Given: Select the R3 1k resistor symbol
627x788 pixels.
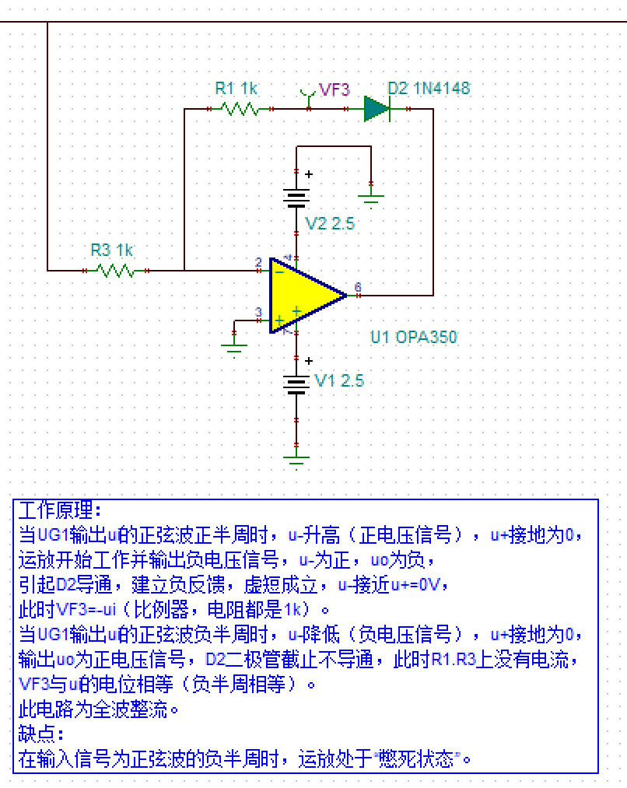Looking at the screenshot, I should click(x=116, y=271).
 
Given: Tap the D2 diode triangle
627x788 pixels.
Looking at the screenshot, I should click(x=377, y=109).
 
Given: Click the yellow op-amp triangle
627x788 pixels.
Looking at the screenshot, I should click(x=304, y=296).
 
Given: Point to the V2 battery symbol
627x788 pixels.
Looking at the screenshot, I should click(x=296, y=199).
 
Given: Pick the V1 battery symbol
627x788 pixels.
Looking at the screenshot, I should click(x=296, y=384).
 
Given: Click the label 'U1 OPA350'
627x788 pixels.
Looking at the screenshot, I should click(x=413, y=338).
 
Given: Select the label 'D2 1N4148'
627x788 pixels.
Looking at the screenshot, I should click(x=429, y=88).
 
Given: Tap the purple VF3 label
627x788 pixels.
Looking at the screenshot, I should click(x=335, y=89).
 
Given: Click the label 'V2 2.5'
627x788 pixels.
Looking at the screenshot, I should click(x=330, y=224).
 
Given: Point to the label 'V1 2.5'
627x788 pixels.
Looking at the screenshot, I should click(x=338, y=381).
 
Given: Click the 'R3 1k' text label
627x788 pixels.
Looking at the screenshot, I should click(x=112, y=250).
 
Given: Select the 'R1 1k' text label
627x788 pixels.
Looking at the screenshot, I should click(x=236, y=88).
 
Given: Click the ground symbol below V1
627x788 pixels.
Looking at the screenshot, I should click(x=296, y=457).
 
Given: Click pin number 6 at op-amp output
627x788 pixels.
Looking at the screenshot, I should click(x=357, y=287).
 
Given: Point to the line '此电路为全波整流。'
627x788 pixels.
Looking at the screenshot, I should click(x=99, y=709).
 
